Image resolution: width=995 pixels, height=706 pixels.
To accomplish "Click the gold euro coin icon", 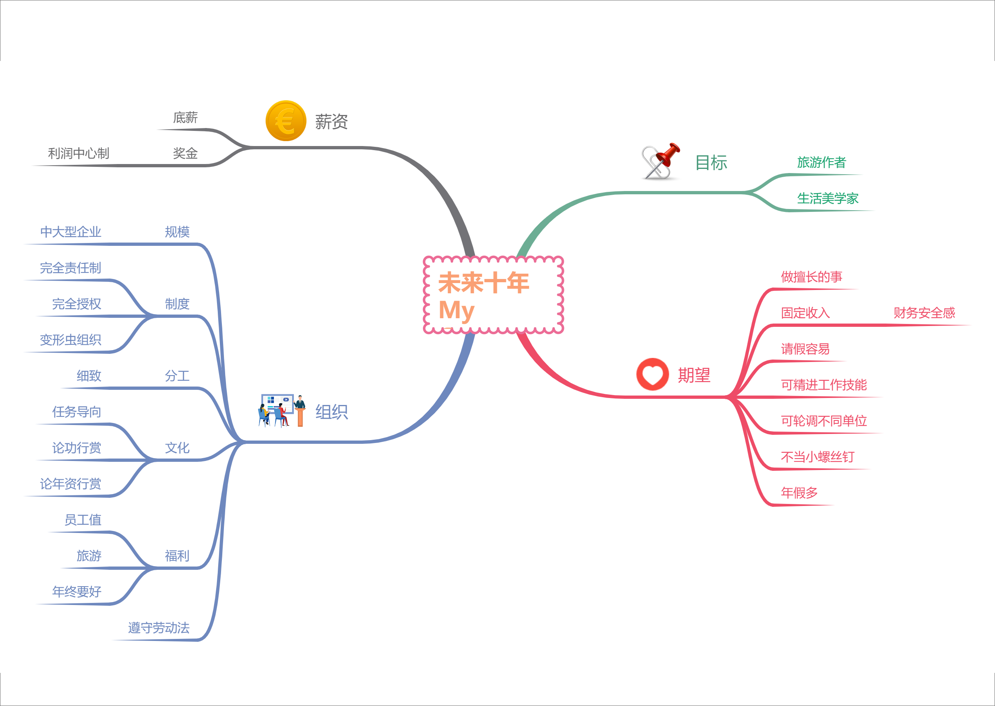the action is pos(286,121).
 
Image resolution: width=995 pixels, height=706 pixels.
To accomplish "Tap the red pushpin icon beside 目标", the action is pos(661,161).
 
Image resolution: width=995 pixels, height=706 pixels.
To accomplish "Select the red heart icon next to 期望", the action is pos(652,374).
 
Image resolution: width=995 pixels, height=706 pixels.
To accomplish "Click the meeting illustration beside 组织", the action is pos(282,410).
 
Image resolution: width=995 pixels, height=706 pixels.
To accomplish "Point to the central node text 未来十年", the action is pos(484,283).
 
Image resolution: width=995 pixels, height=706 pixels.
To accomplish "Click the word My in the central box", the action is pos(456,311).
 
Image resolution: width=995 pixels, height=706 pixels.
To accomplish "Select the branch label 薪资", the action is pos(331,122).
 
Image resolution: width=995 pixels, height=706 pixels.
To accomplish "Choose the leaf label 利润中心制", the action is pos(78,153).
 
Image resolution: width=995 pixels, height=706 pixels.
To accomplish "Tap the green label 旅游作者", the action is pos(821,162).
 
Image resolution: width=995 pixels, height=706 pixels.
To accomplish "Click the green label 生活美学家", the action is pos(827,198).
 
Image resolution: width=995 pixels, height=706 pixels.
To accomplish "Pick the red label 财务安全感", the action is pos(924,313).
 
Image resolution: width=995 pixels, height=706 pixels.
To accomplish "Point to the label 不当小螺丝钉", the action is pos(817,456).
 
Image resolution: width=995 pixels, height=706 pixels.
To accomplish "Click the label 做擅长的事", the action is pos(811,277).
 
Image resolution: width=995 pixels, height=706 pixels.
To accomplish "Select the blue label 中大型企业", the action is pos(71,232).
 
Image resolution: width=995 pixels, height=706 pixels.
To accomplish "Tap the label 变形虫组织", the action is pos(71,340).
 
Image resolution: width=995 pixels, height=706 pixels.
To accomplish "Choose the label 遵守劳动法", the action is pos(159,627).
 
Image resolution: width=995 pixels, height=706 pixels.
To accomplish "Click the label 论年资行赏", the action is pos(71,483).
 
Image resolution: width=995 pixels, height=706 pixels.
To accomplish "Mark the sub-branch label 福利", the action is pos(177,555).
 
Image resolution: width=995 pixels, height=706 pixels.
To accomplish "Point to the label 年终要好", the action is pos(77,591).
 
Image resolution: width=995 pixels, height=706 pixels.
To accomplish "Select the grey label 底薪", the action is pos(186,117).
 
